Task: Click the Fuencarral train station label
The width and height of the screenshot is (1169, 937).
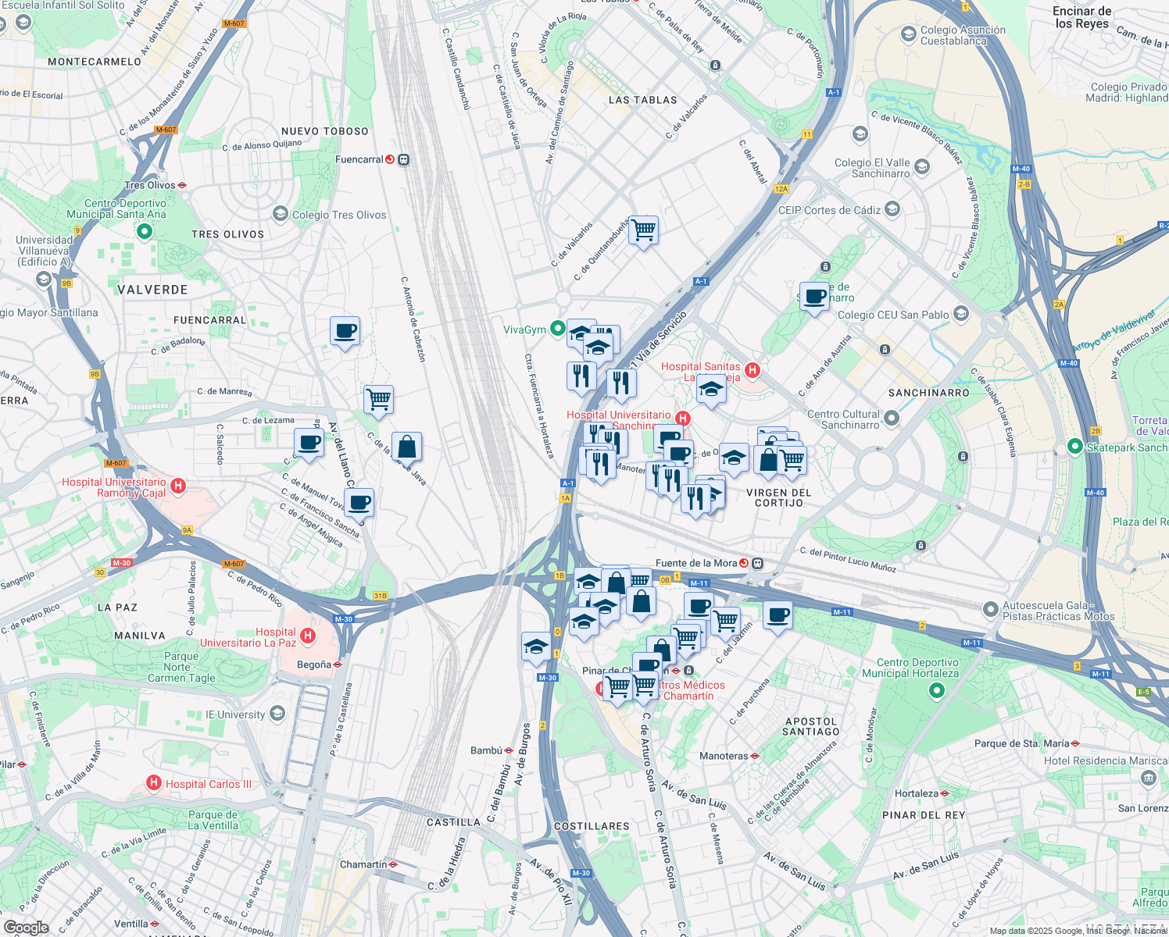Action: tap(359, 159)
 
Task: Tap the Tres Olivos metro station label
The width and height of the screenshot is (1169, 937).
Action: tap(150, 185)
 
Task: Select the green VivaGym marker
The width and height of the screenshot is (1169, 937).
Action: tap(557, 329)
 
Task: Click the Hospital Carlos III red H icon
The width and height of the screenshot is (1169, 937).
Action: tap(154, 782)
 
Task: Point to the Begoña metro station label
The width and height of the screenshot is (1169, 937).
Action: tap(314, 664)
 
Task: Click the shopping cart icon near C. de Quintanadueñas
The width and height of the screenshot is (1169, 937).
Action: tap(644, 230)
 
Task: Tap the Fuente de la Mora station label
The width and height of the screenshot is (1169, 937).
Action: tap(696, 563)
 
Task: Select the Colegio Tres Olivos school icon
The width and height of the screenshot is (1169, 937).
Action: tap(280, 214)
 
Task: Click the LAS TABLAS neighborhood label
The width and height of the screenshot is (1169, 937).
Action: tap(642, 100)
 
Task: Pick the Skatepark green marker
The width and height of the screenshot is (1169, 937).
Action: tap(1074, 447)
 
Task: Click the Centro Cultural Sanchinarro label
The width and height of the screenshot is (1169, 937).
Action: tap(843, 419)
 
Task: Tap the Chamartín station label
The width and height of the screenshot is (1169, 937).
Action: tap(363, 864)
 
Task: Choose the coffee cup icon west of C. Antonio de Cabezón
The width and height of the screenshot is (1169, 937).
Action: tap(345, 331)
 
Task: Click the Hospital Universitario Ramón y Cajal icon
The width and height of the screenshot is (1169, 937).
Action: tap(178, 486)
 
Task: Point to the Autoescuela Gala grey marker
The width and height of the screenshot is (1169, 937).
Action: tap(990, 608)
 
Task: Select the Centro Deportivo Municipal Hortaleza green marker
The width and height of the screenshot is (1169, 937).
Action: tap(936, 690)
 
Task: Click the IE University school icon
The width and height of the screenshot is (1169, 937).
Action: tap(277, 714)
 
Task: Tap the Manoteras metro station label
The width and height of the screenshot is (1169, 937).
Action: tap(724, 756)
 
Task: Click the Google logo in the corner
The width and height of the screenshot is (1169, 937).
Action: tap(26, 928)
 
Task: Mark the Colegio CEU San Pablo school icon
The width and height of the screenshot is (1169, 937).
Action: tap(961, 314)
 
